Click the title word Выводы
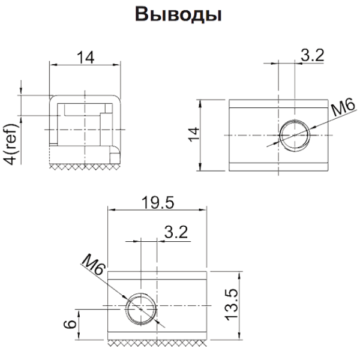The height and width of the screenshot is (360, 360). point(179,16)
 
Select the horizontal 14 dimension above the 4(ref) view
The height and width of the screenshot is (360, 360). point(86,57)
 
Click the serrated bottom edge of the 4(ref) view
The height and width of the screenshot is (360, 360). point(84,164)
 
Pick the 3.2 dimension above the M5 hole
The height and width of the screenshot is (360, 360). point(311,56)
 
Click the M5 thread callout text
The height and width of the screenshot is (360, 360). point(341,110)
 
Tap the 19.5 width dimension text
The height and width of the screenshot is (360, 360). point(157,203)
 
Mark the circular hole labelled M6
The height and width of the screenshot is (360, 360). point(141,309)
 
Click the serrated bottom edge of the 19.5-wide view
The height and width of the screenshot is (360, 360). point(157,343)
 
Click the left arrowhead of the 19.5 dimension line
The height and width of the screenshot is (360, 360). point(110,210)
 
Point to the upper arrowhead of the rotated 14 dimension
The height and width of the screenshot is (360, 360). point(201,103)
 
